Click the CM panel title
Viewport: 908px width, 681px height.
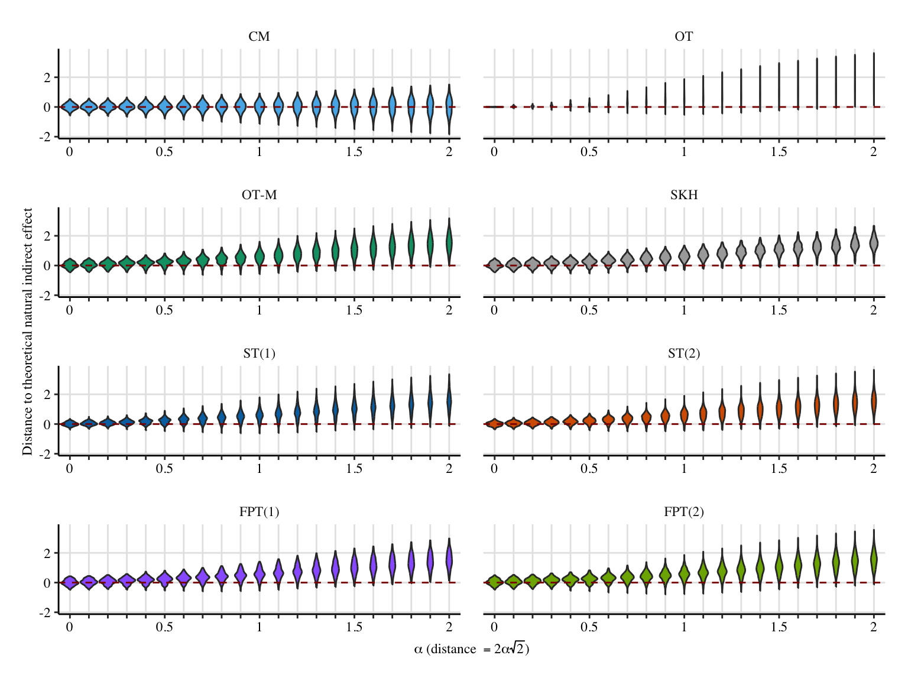point(259,37)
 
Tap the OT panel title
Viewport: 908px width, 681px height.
point(683,37)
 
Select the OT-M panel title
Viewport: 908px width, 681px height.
point(259,195)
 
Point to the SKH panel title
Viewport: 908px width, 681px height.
point(683,195)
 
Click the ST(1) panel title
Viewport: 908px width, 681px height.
point(259,354)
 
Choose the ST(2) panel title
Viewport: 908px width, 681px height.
point(683,354)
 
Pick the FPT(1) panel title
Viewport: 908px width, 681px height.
point(259,512)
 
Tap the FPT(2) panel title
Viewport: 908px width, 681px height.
point(683,512)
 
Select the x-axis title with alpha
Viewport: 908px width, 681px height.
point(471,649)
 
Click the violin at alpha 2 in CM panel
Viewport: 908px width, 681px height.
point(449,106)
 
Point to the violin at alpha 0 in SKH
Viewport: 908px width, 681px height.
point(494,265)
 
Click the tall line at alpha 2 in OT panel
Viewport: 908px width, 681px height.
point(874,77)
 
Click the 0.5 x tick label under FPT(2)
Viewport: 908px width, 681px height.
point(589,627)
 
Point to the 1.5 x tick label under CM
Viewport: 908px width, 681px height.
point(354,152)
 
